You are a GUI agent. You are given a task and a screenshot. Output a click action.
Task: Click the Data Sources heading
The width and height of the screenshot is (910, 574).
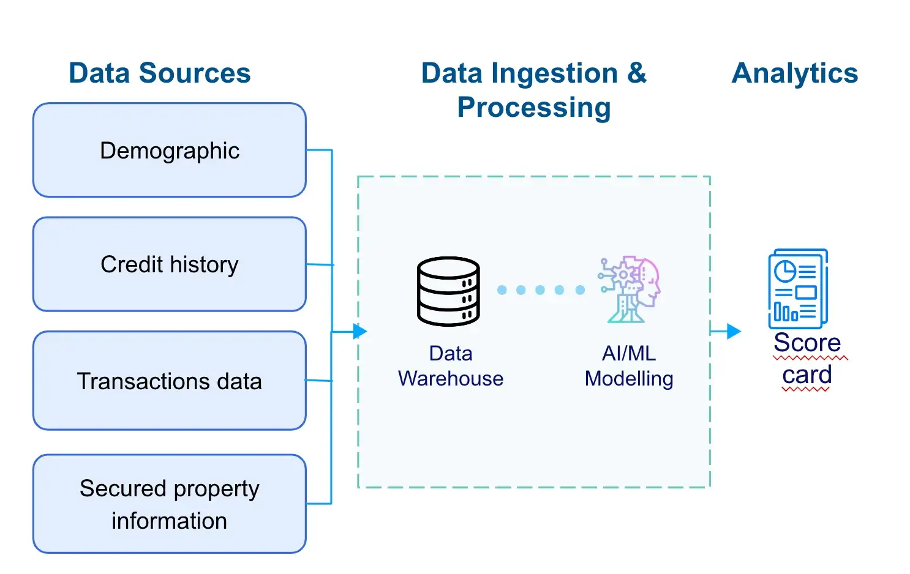(x=159, y=73)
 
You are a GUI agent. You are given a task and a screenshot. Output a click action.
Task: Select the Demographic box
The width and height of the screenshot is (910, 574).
(x=170, y=151)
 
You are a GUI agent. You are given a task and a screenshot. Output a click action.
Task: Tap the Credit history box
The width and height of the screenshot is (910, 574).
(x=170, y=264)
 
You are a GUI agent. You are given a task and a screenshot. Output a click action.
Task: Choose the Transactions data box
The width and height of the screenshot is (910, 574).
(x=170, y=381)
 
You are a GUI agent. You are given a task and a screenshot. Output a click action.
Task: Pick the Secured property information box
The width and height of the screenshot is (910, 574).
(x=170, y=504)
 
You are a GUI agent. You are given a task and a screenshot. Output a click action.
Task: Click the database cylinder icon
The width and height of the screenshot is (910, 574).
(x=448, y=291)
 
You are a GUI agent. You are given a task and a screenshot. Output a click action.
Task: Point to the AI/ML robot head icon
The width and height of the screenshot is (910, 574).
(x=630, y=289)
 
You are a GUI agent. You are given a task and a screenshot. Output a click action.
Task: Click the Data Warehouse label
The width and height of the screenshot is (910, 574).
(x=451, y=366)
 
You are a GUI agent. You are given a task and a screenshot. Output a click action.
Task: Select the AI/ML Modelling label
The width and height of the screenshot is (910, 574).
(x=629, y=366)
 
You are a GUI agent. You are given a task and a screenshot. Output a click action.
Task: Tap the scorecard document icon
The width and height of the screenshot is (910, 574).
(x=798, y=289)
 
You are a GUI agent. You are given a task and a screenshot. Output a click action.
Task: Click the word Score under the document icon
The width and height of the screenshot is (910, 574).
(x=807, y=343)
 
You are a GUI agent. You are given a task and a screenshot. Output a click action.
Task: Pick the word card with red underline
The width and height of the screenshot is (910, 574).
(x=807, y=375)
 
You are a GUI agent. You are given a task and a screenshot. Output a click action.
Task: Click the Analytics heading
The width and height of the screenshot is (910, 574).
(x=795, y=73)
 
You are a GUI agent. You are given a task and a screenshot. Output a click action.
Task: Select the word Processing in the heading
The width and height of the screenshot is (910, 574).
(x=534, y=108)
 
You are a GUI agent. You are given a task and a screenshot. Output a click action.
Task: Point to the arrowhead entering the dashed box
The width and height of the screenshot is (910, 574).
(x=361, y=332)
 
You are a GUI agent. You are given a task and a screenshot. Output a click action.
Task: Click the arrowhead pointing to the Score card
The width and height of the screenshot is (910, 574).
(x=734, y=332)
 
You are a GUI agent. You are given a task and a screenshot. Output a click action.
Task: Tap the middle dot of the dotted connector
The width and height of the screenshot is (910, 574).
(x=540, y=290)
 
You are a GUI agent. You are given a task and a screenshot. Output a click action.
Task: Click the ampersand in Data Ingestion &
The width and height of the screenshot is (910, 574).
(x=637, y=73)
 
